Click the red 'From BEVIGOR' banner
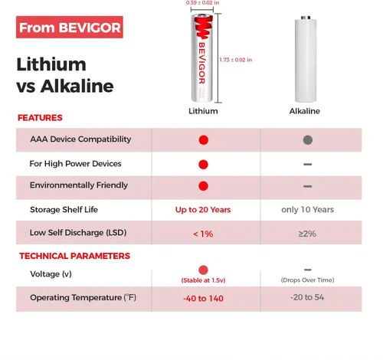(70, 27)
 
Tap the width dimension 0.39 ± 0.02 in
(202, 3)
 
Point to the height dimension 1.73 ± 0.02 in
(236, 60)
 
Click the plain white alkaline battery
(306, 59)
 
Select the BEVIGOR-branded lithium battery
(202, 58)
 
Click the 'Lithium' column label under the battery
(203, 111)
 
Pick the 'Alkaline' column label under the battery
(305, 111)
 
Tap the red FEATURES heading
(40, 118)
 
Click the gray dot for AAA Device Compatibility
(308, 140)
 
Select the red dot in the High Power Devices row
(203, 165)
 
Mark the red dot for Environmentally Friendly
(203, 186)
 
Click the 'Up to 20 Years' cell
(203, 210)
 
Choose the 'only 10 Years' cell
(307, 210)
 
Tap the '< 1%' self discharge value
(203, 234)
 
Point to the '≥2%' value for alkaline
(307, 234)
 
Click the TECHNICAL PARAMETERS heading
(74, 256)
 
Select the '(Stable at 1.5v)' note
(203, 280)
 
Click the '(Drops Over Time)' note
(307, 280)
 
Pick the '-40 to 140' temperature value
(203, 298)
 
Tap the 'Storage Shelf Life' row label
(64, 210)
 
